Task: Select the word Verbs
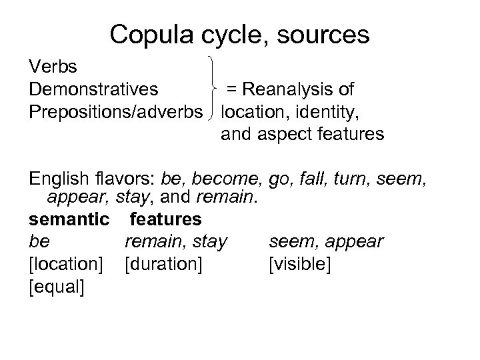point(53,67)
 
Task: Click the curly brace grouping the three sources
point(213,89)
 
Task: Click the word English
point(57,178)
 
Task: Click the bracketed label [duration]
point(163,263)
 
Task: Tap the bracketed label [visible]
point(298,263)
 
